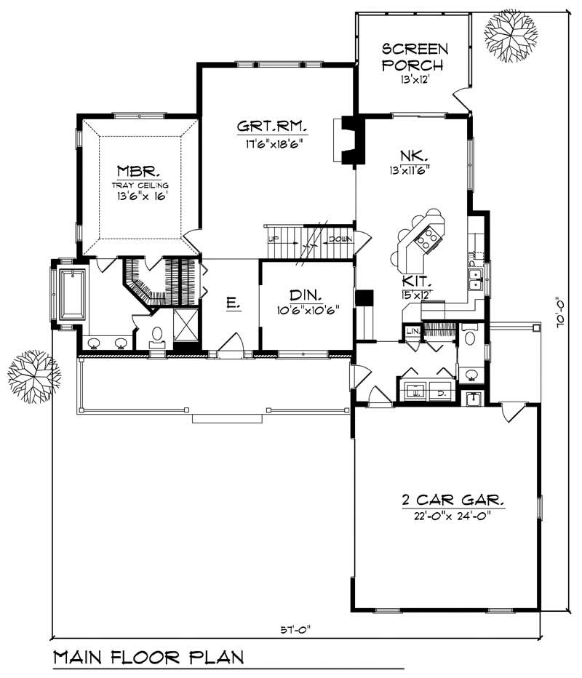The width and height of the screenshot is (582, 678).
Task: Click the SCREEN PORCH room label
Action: pos(415,55)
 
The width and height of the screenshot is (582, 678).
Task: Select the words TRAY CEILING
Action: pos(140,185)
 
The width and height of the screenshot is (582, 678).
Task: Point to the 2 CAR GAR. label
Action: pos(453,500)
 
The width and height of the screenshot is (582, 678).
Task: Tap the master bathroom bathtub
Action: pos(72,294)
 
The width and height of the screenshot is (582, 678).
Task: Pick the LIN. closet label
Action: pos(411,332)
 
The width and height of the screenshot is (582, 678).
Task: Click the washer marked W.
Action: pos(417,391)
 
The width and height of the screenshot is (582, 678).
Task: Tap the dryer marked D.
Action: pos(441,391)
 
